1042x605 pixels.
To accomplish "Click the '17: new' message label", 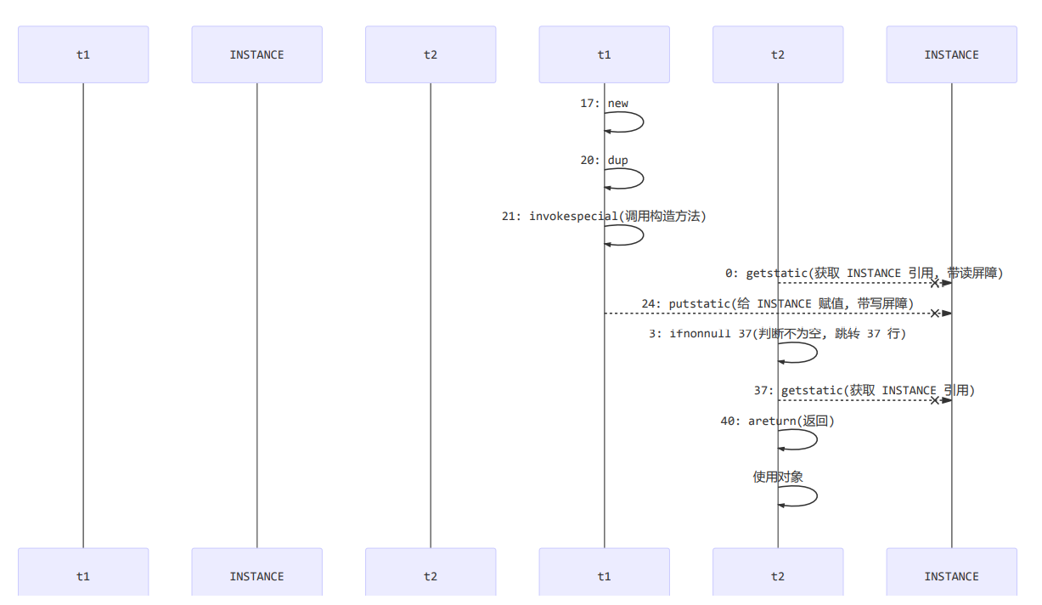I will (x=604, y=104).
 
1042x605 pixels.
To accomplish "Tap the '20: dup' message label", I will (x=604, y=160).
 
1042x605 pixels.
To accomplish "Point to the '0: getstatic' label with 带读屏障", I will (x=864, y=274).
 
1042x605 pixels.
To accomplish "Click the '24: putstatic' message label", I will (x=777, y=303).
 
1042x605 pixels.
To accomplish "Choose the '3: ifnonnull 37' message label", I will (x=777, y=334).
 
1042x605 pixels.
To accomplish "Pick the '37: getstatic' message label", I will (x=864, y=391).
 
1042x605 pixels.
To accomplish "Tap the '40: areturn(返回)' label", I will (x=777, y=421).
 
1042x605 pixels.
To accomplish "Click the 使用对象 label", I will (x=777, y=477).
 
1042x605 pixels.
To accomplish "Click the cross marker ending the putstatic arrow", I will (x=935, y=314).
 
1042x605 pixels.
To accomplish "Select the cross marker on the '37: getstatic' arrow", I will (x=935, y=400).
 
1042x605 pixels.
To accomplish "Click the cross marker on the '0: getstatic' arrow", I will (x=935, y=283).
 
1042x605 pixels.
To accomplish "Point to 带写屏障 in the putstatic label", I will (x=885, y=303).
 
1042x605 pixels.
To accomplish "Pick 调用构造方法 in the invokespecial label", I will (x=663, y=217).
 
